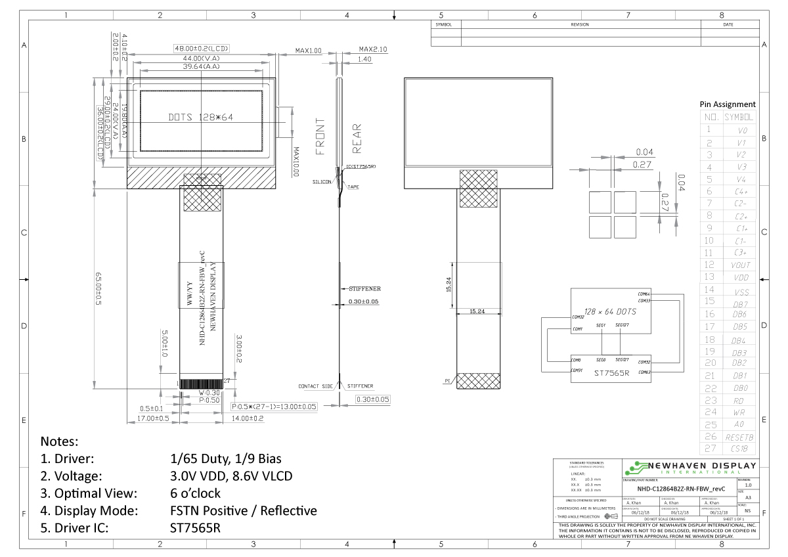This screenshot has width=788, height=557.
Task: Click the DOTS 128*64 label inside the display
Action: point(201,118)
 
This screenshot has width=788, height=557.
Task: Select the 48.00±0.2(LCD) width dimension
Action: point(201,49)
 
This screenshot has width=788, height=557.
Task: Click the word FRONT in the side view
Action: point(320,137)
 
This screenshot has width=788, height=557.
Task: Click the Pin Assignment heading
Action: point(728,104)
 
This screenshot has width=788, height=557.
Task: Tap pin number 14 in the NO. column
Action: point(709,290)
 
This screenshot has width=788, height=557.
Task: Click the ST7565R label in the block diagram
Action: point(611,372)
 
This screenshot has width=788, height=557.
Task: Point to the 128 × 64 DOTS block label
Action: point(611,311)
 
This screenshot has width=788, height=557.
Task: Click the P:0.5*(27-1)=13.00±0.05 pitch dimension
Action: point(274,407)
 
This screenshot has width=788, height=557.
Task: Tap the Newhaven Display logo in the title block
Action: point(689,468)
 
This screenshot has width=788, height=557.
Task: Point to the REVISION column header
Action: point(580,24)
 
